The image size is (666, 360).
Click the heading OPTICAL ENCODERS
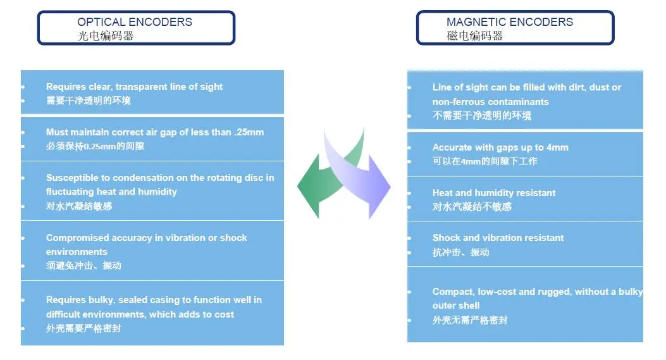point(134,22)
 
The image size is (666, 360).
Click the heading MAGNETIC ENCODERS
point(509,22)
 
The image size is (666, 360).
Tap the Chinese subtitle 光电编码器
point(106,35)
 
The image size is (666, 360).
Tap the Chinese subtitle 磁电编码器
point(475,35)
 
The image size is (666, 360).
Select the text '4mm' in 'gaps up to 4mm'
point(557,147)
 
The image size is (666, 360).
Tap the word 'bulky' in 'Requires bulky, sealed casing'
point(101,300)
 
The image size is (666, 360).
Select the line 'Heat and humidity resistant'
point(494,193)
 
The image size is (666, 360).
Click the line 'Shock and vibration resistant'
point(498,238)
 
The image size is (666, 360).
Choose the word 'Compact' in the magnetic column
point(453,292)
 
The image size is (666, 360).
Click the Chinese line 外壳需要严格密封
point(83,328)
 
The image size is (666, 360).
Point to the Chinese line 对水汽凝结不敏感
point(472,207)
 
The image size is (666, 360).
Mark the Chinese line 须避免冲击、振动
point(83,266)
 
